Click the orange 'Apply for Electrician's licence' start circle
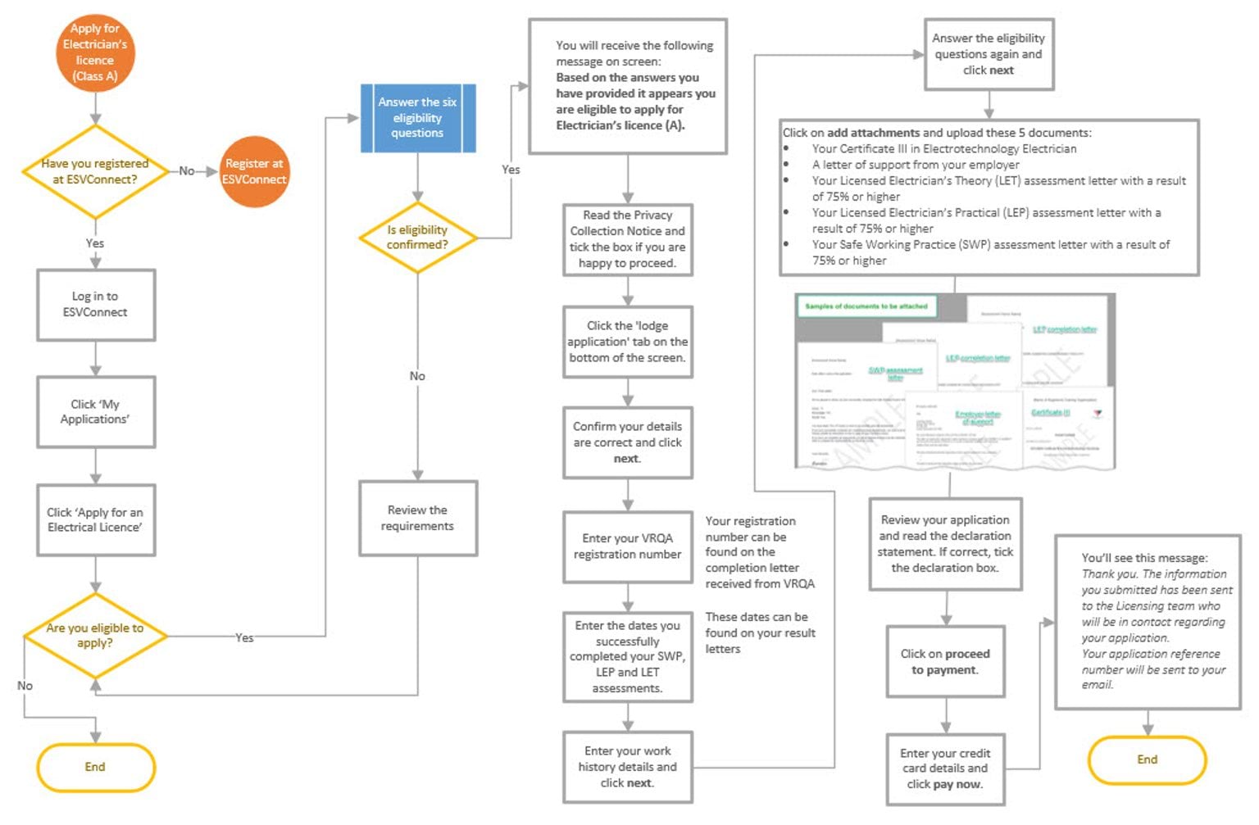pyautogui.click(x=95, y=52)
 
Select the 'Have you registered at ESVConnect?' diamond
pyautogui.click(x=95, y=171)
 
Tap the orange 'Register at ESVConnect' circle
pyautogui.click(x=254, y=171)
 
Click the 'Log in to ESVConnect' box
pyautogui.click(x=95, y=304)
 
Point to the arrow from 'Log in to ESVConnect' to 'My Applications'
pyautogui.click(x=95, y=358)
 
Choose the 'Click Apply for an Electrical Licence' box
pyautogui.click(x=95, y=519)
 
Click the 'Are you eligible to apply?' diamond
pyautogui.click(x=95, y=635)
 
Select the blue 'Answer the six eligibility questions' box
pyautogui.click(x=417, y=118)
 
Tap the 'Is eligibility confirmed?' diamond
pyautogui.click(x=417, y=238)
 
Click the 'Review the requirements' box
pyautogui.click(x=417, y=518)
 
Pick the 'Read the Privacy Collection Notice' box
pyautogui.click(x=627, y=239)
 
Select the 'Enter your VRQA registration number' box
pyautogui.click(x=627, y=546)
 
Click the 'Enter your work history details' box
pyautogui.click(x=627, y=767)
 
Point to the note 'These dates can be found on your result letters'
pyautogui.click(x=760, y=632)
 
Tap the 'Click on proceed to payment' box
pyautogui.click(x=945, y=662)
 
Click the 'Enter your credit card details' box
pyautogui.click(x=945, y=768)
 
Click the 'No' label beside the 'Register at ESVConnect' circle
pyautogui.click(x=187, y=171)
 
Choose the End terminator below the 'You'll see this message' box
pyautogui.click(x=1147, y=759)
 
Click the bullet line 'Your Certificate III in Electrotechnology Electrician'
pyautogui.click(x=943, y=148)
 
